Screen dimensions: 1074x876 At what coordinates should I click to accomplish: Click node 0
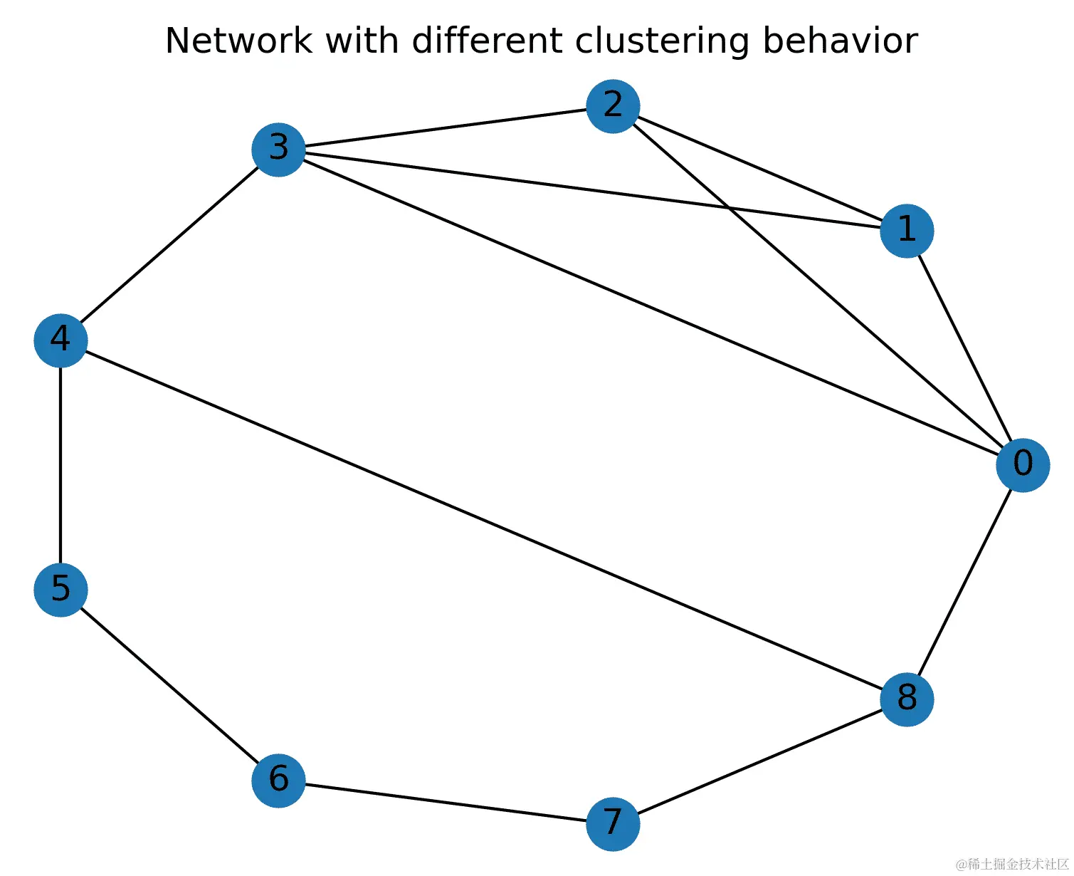tap(1023, 465)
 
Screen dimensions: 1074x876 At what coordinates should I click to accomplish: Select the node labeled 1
tap(907, 231)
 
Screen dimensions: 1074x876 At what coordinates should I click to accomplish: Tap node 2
tap(613, 106)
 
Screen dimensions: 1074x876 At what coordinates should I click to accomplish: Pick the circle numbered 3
tap(278, 150)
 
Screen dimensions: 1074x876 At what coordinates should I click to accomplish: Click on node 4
tap(60, 340)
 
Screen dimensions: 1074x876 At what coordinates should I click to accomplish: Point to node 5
tap(60, 590)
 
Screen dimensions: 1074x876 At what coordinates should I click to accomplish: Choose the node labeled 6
tap(278, 780)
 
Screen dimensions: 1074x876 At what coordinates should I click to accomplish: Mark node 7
tap(613, 823)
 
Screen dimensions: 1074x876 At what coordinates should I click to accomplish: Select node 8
tap(907, 699)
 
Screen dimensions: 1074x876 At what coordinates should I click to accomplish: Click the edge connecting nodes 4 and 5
tap(60, 465)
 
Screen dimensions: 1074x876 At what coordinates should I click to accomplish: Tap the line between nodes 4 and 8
tap(483, 520)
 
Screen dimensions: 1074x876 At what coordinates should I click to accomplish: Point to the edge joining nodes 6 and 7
tap(446, 802)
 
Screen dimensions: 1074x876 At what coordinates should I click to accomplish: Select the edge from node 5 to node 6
tap(169, 684)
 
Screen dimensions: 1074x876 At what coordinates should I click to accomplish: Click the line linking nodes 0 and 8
tap(964, 582)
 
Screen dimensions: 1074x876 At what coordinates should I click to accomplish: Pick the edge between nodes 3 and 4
tap(169, 245)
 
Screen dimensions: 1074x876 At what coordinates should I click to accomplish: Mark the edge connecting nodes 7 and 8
tap(760, 761)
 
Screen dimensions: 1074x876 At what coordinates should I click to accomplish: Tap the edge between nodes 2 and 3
tap(446, 127)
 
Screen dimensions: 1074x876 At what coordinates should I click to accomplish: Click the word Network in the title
tap(238, 41)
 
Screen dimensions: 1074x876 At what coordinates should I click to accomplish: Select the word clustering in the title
tap(661, 41)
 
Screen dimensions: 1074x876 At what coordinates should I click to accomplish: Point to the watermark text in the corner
tap(1012, 863)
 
